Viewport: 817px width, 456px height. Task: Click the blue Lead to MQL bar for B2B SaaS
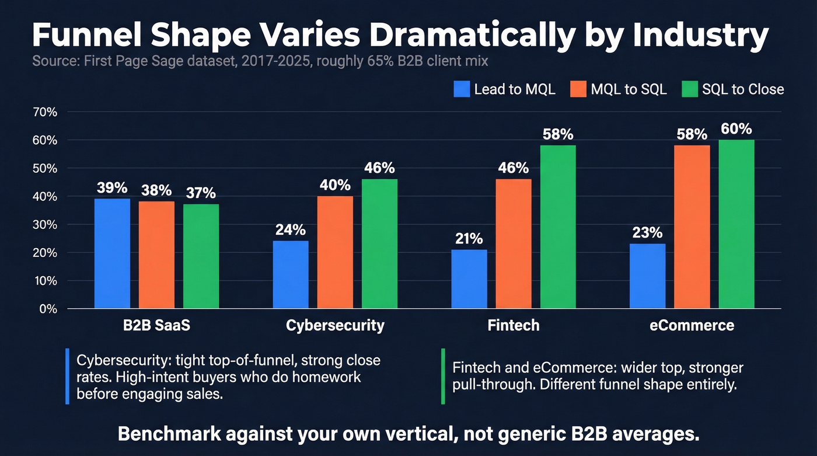112,253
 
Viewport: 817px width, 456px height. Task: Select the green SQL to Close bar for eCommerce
736,224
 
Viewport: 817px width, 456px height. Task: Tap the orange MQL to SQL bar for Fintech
514,243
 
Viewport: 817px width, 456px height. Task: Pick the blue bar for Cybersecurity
291,274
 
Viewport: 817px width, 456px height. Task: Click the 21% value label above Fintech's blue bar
469,239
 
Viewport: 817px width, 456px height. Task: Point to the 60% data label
736,129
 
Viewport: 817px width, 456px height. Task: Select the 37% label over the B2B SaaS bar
201,193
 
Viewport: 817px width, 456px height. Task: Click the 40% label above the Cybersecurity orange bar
335,185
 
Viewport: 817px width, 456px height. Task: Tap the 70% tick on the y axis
45,112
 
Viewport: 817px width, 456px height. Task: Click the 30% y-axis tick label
45,225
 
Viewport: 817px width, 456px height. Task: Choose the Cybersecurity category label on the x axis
335,325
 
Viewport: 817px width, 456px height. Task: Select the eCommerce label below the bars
692,325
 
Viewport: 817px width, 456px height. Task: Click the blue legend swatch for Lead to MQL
461,89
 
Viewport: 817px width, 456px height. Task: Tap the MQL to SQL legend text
629,89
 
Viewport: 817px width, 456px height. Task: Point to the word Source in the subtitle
52,61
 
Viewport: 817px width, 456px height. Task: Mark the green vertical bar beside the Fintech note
442,376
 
